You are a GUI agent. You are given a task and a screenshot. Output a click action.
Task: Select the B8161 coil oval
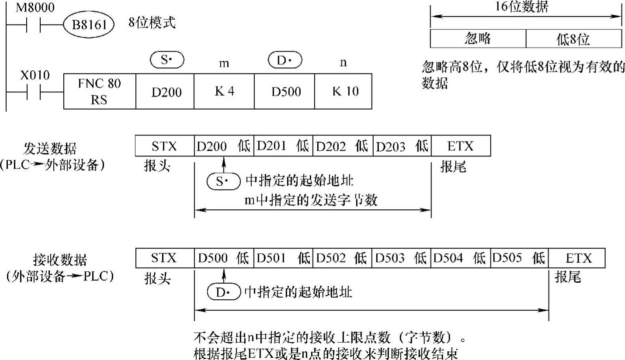(89, 25)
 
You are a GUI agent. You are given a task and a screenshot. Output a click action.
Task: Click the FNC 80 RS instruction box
(100, 91)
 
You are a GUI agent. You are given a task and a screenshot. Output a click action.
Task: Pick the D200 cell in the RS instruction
(165, 91)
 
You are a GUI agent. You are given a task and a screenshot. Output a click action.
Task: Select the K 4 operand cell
(225, 91)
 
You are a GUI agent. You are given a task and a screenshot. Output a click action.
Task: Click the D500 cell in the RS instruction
(284, 91)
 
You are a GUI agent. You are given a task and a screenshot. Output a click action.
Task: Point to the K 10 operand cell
(343, 91)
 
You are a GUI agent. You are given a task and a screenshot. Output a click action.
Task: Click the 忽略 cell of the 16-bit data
(478, 39)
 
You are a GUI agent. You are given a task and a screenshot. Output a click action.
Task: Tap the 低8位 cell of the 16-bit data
(573, 39)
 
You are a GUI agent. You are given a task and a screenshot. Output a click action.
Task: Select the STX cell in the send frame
(164, 146)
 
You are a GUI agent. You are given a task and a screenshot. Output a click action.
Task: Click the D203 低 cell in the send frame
(402, 146)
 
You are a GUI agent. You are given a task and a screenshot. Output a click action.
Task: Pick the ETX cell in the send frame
(461, 146)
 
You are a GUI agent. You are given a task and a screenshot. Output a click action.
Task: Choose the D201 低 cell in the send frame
(283, 146)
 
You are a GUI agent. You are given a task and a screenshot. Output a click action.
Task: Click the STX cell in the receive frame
(164, 258)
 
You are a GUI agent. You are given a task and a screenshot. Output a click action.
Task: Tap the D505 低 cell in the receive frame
(519, 258)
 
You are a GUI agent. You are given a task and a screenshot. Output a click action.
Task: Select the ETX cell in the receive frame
(577, 258)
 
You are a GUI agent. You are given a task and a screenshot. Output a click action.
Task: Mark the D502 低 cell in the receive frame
(341, 258)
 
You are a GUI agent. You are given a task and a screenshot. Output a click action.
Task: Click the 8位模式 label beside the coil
(152, 23)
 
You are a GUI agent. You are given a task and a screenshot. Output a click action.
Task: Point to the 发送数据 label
(50, 149)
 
